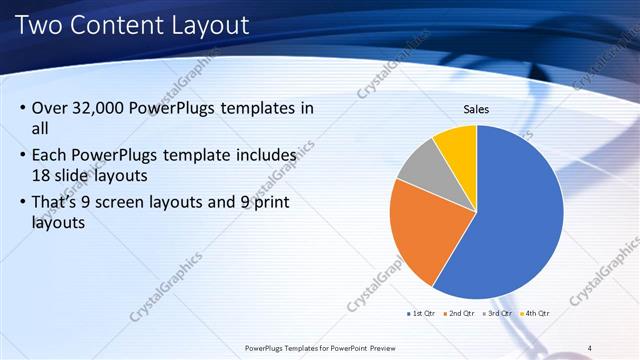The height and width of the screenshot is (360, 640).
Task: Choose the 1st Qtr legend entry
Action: [422, 313]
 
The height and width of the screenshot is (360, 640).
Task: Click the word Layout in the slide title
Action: [208, 23]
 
